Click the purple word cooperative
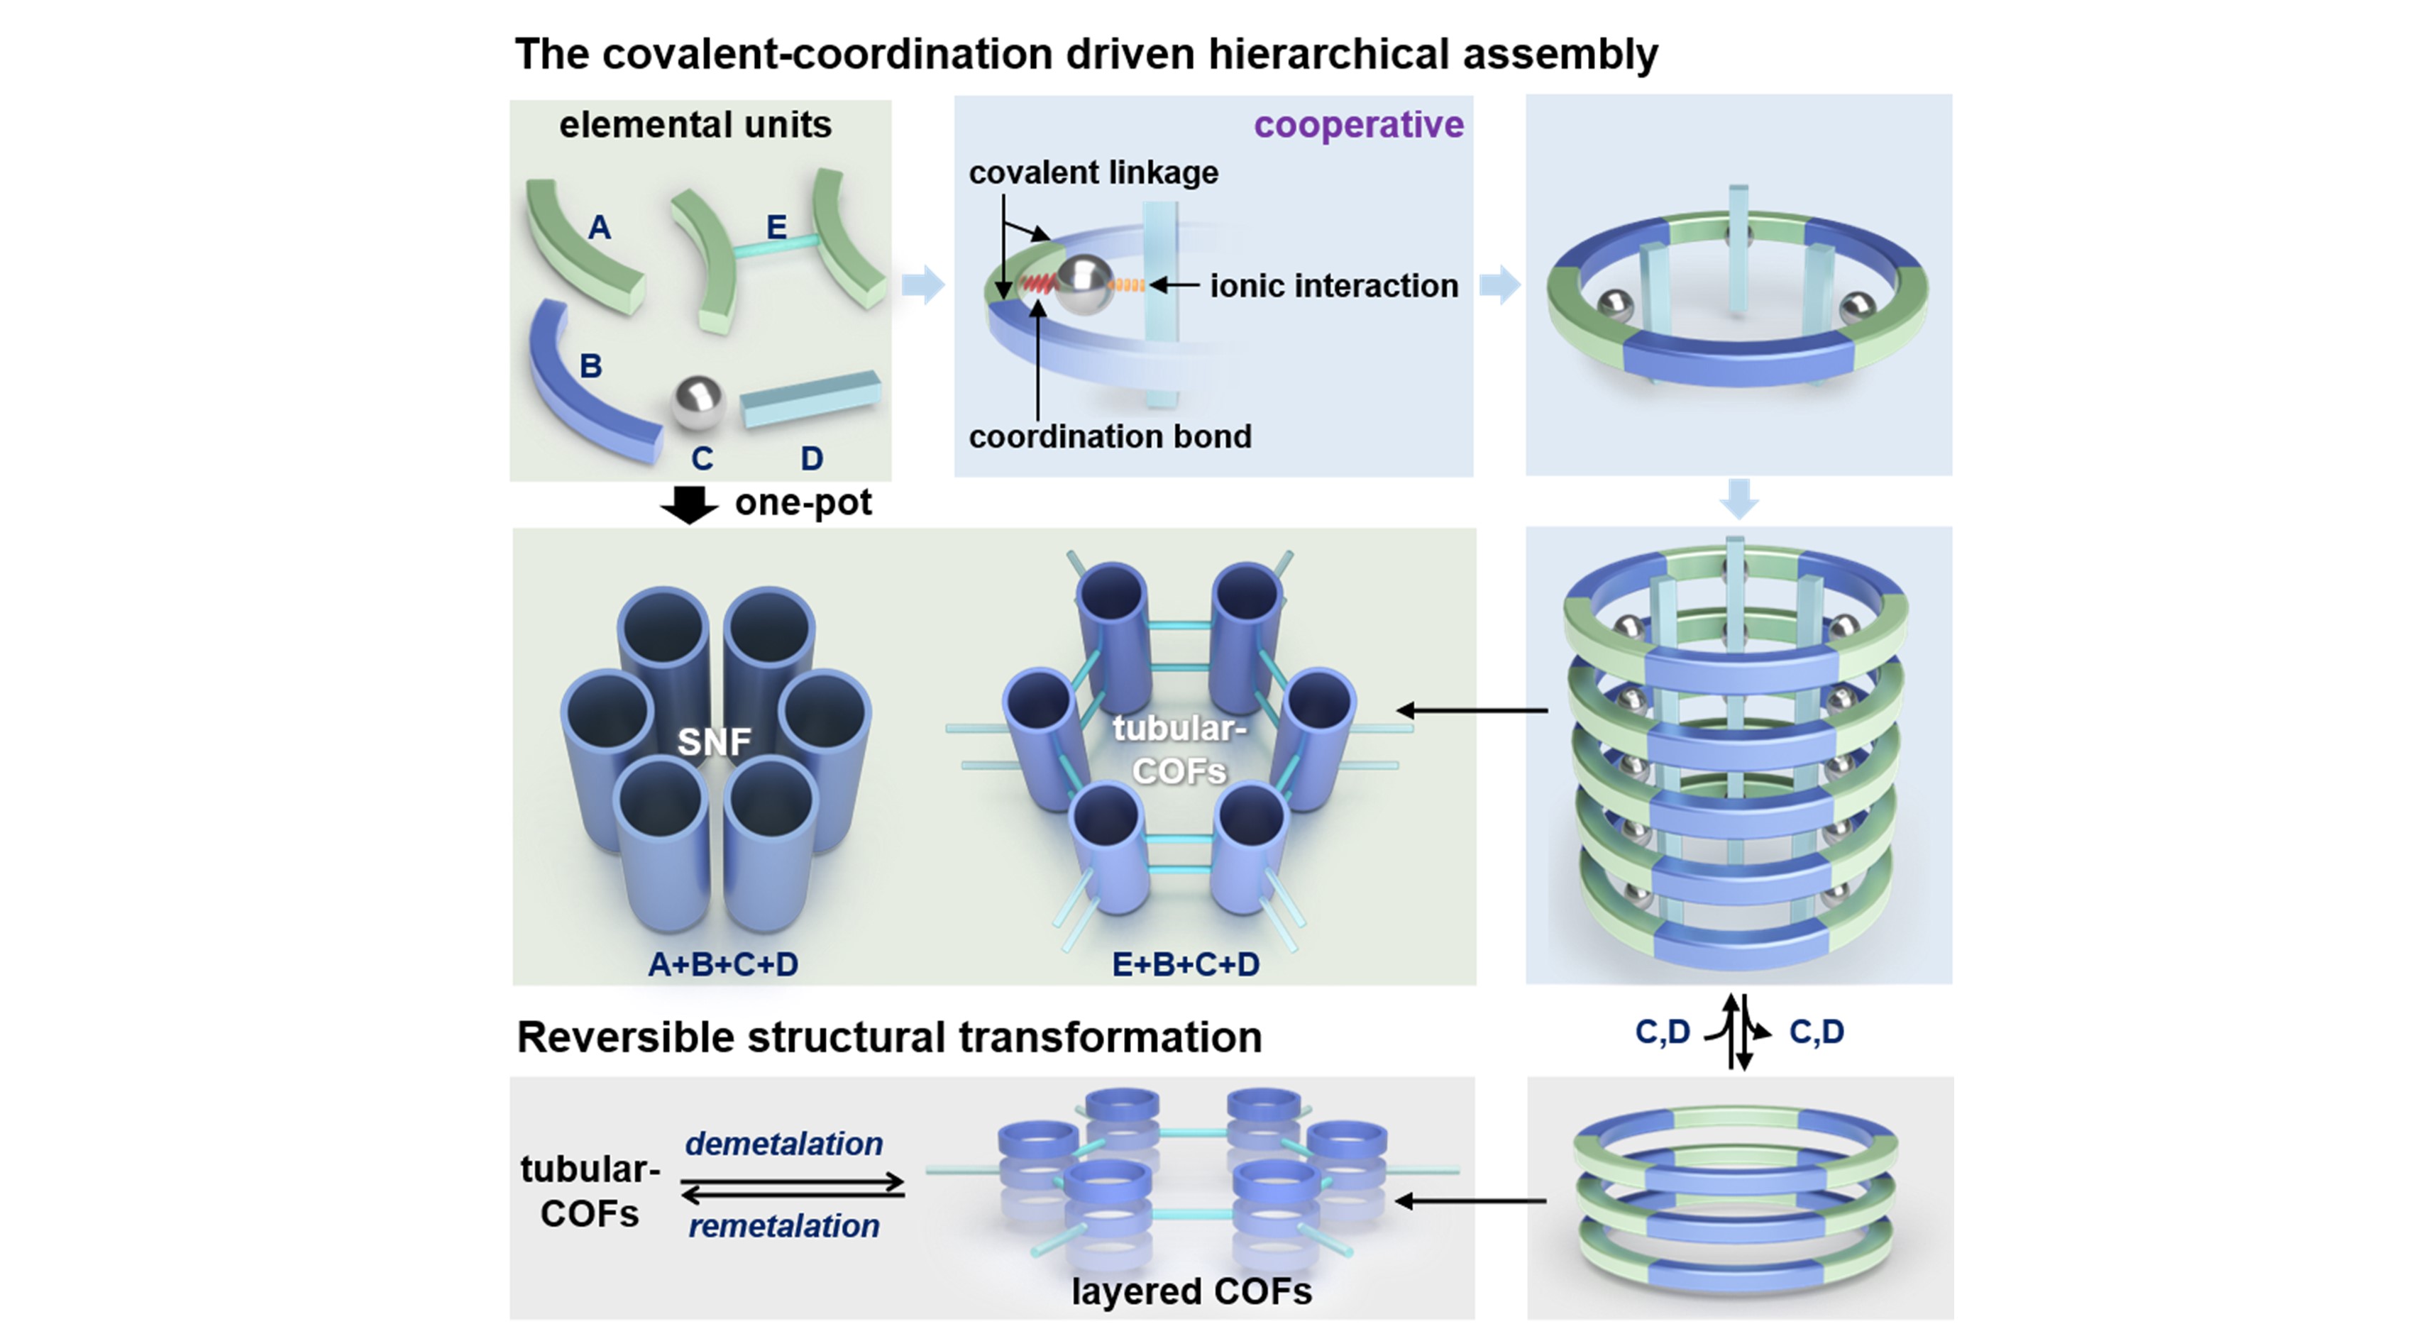point(1358,125)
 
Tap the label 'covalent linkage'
point(1093,172)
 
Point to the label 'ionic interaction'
point(1333,285)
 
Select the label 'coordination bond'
point(1110,436)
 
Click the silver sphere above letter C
point(698,404)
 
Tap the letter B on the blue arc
point(590,365)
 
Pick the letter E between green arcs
point(776,227)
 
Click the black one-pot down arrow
point(690,504)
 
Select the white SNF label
point(714,742)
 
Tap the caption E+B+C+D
point(1186,964)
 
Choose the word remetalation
point(783,1226)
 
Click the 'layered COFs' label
point(1191,1291)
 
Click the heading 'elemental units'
point(695,125)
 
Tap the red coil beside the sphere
point(1037,282)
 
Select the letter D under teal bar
point(812,458)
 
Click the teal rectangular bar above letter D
point(810,398)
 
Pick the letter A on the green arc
point(599,227)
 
